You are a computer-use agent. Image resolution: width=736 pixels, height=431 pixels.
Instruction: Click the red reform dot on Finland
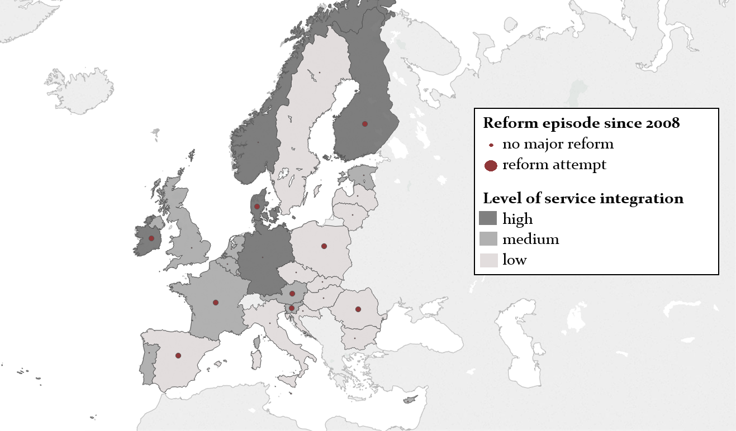pyautogui.click(x=365, y=123)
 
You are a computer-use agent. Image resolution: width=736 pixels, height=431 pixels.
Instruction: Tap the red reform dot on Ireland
pyautogui.click(x=151, y=238)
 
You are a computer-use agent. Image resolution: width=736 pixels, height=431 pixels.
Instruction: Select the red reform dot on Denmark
pyautogui.click(x=257, y=206)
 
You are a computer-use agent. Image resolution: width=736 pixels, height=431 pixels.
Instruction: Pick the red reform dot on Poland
pyautogui.click(x=324, y=246)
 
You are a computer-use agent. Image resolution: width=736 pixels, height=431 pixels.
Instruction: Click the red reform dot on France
pyautogui.click(x=216, y=303)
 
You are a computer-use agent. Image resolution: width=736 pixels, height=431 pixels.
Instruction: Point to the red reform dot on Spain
pyautogui.click(x=178, y=356)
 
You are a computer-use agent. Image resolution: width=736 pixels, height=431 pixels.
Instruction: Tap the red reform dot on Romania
pyautogui.click(x=358, y=309)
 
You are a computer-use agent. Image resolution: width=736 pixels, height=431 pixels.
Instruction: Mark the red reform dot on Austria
pyautogui.click(x=292, y=294)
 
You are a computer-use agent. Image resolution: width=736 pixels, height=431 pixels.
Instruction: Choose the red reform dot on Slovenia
pyautogui.click(x=291, y=308)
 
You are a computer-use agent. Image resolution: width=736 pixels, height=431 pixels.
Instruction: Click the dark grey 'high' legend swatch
pyautogui.click(x=488, y=218)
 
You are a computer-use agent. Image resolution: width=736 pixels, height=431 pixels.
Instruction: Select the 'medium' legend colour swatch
pyautogui.click(x=488, y=239)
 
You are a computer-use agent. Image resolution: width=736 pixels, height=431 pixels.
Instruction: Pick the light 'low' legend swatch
pyautogui.click(x=488, y=260)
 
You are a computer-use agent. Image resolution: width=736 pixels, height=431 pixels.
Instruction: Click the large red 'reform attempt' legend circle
pyautogui.click(x=491, y=165)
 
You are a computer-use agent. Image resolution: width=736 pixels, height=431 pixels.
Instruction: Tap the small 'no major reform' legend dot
pyautogui.click(x=491, y=145)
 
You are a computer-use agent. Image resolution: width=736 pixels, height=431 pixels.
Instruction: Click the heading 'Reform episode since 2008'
pyautogui.click(x=581, y=123)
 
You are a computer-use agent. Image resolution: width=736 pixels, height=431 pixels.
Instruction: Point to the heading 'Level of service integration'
pyautogui.click(x=583, y=198)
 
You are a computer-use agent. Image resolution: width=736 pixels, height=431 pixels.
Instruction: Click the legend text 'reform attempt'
pyautogui.click(x=554, y=165)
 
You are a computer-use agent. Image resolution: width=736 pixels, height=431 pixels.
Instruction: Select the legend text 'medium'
pyautogui.click(x=530, y=240)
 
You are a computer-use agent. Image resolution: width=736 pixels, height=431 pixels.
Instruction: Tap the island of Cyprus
pyautogui.click(x=411, y=399)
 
